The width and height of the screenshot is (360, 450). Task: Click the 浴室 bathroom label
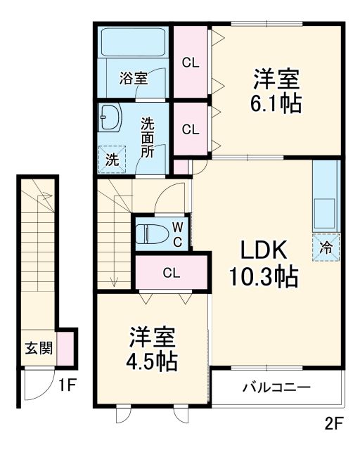(133, 78)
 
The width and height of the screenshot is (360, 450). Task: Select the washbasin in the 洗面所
(110, 118)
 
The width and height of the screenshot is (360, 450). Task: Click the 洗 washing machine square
(112, 158)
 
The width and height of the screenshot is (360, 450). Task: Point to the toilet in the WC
(150, 232)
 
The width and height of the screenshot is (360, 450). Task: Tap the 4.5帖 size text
(152, 361)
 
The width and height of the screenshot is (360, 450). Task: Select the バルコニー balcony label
(276, 387)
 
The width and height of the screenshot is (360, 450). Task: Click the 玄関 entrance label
(37, 348)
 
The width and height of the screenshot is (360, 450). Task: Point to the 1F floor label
(66, 385)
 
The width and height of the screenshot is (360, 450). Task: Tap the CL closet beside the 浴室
(191, 62)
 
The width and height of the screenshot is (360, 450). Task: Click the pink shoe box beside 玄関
(65, 347)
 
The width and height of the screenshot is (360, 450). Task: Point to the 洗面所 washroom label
(147, 136)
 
